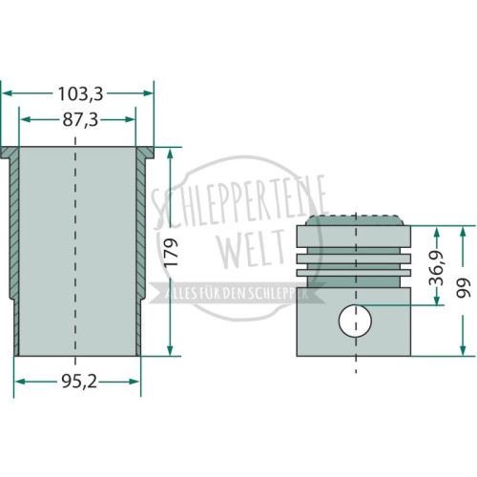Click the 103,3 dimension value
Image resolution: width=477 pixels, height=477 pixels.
click(81, 93)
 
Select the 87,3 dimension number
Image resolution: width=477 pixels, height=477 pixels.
click(80, 120)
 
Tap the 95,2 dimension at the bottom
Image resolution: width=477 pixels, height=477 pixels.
click(79, 382)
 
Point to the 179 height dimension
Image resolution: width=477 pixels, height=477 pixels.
click(171, 252)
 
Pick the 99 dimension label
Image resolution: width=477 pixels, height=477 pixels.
click(463, 288)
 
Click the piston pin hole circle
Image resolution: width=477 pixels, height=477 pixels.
click(355, 321)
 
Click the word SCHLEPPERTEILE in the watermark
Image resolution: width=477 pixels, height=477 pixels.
click(240, 203)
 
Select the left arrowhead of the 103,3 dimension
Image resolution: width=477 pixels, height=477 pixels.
click(7, 93)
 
